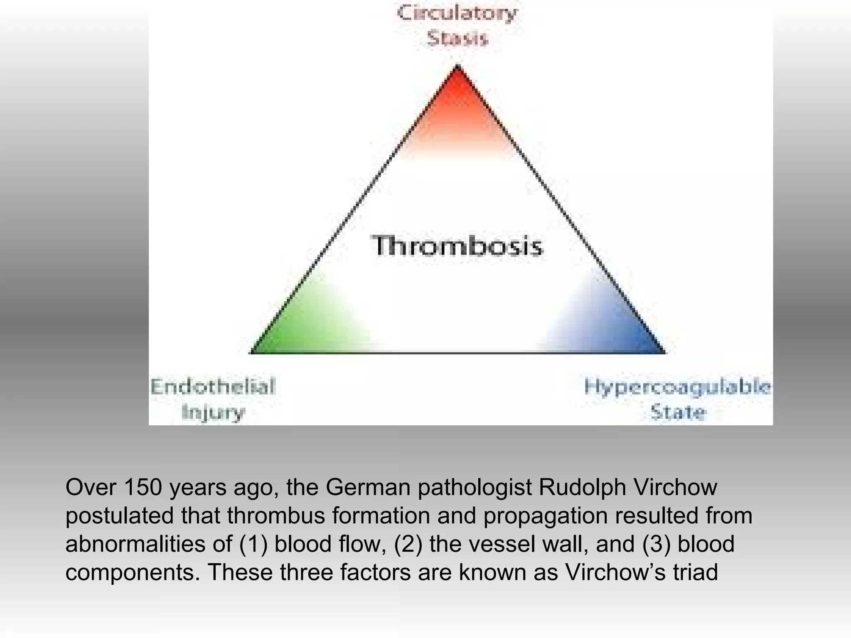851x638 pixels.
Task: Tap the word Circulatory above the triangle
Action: [457, 13]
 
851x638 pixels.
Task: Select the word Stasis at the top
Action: [457, 39]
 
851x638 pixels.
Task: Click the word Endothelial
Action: [213, 387]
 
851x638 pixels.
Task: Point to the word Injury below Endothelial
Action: [213, 412]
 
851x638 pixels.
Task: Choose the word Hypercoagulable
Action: [677, 387]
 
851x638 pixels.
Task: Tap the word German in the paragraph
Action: [368, 488]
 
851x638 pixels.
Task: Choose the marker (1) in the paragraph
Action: [253, 545]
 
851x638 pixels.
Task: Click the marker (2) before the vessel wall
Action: [408, 545]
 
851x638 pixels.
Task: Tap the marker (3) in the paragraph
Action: [657, 545]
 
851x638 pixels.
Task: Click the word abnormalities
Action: [135, 545]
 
